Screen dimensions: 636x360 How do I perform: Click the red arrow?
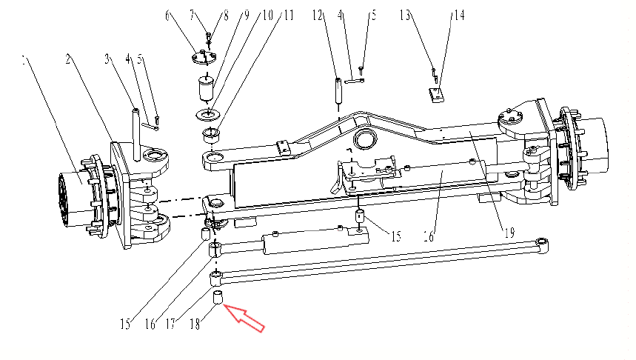click(244, 318)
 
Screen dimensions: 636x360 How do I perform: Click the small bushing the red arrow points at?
click(218, 297)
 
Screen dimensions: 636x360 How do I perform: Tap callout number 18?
click(195, 324)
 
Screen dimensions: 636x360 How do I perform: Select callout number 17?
click(171, 324)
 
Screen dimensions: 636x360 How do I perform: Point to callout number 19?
click(509, 233)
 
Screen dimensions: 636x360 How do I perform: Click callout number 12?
click(318, 16)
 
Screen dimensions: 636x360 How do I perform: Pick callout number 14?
click(459, 16)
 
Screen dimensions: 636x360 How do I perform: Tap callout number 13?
click(405, 16)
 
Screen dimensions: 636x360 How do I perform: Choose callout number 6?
click(168, 16)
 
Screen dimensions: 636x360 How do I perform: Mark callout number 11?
click(289, 16)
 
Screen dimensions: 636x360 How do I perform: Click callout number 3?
click(107, 59)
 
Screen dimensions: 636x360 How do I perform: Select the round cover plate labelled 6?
click(204, 57)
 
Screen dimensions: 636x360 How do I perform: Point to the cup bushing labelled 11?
click(211, 135)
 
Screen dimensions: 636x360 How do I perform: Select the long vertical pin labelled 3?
click(136, 134)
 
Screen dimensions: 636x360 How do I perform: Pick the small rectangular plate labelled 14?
click(436, 96)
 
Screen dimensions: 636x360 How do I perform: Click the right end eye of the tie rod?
click(541, 245)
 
